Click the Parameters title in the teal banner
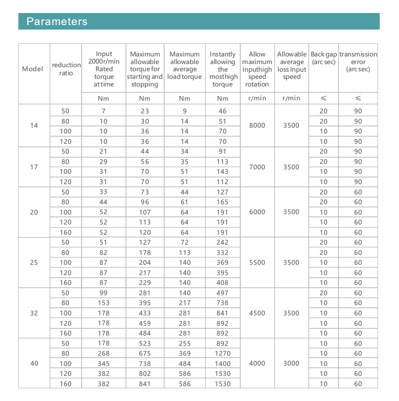57,22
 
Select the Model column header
33,69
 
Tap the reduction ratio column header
66,69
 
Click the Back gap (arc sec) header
324,58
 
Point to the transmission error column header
358,62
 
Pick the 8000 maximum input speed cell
257,126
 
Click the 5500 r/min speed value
257,263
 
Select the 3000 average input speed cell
291,363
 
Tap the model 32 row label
34,313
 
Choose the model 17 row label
34,167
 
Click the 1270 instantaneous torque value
223,354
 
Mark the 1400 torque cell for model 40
223,364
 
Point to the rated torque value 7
104,111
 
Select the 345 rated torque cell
104,364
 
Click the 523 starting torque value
145,344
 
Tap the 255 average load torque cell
185,344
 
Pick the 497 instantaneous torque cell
223,293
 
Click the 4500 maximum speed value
257,313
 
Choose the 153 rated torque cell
104,303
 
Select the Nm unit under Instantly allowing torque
223,99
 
